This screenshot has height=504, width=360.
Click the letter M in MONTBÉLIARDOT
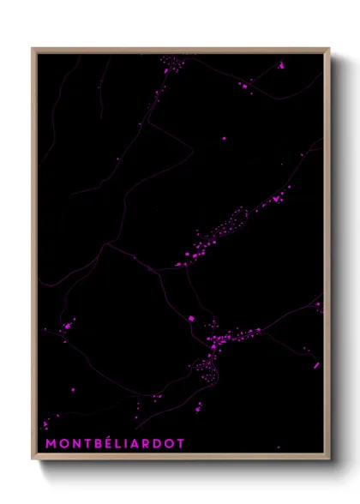[x=51, y=443]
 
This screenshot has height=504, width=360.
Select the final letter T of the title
[x=180, y=443]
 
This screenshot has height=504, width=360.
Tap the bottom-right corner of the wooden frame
[x=328, y=459]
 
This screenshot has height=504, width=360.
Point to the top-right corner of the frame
[x=328, y=49]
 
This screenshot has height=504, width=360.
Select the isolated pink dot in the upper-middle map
[x=225, y=137]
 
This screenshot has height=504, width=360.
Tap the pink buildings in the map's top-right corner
[x=279, y=64]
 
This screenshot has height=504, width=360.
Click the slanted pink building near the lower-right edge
[x=315, y=365]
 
